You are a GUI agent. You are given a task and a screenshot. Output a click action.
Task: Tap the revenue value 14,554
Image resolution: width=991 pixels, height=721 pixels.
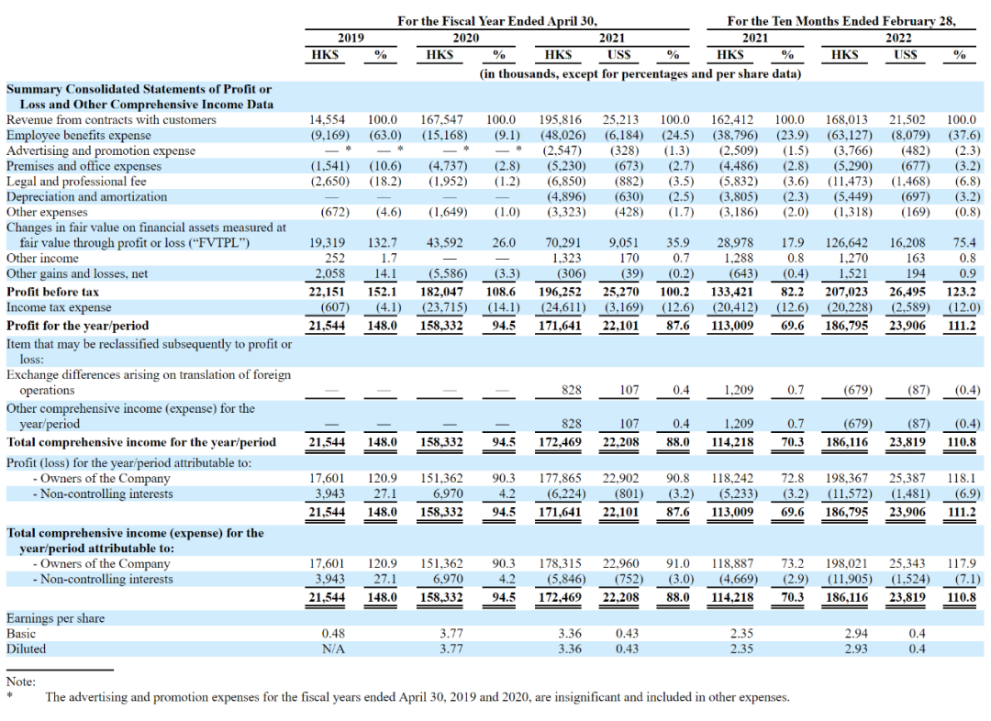point(328,119)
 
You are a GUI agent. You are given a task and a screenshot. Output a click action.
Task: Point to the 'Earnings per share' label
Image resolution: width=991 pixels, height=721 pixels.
point(55,618)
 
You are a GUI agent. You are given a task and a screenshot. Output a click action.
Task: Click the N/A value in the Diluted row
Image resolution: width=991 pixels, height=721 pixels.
point(333,649)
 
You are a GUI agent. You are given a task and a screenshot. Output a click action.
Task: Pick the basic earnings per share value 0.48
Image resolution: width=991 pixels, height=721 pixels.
point(333,634)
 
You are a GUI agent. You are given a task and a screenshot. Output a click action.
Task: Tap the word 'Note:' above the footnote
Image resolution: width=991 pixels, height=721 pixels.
point(21,682)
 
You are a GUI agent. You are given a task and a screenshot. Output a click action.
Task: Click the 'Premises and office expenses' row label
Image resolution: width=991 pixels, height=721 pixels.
point(84,166)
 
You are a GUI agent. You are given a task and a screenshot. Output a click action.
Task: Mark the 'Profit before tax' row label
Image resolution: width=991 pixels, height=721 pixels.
point(54,292)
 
